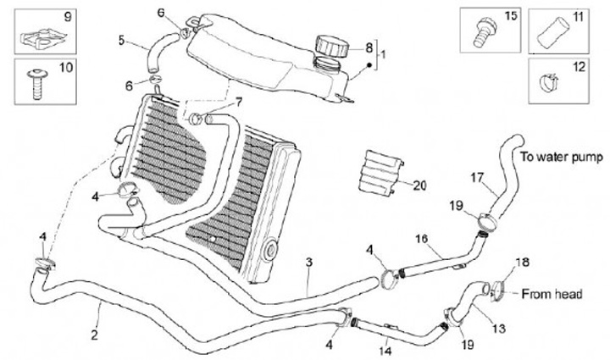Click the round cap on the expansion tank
pyautogui.click(x=330, y=43)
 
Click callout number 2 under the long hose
pyautogui.click(x=94, y=335)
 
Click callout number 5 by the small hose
pyautogui.click(x=121, y=39)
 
